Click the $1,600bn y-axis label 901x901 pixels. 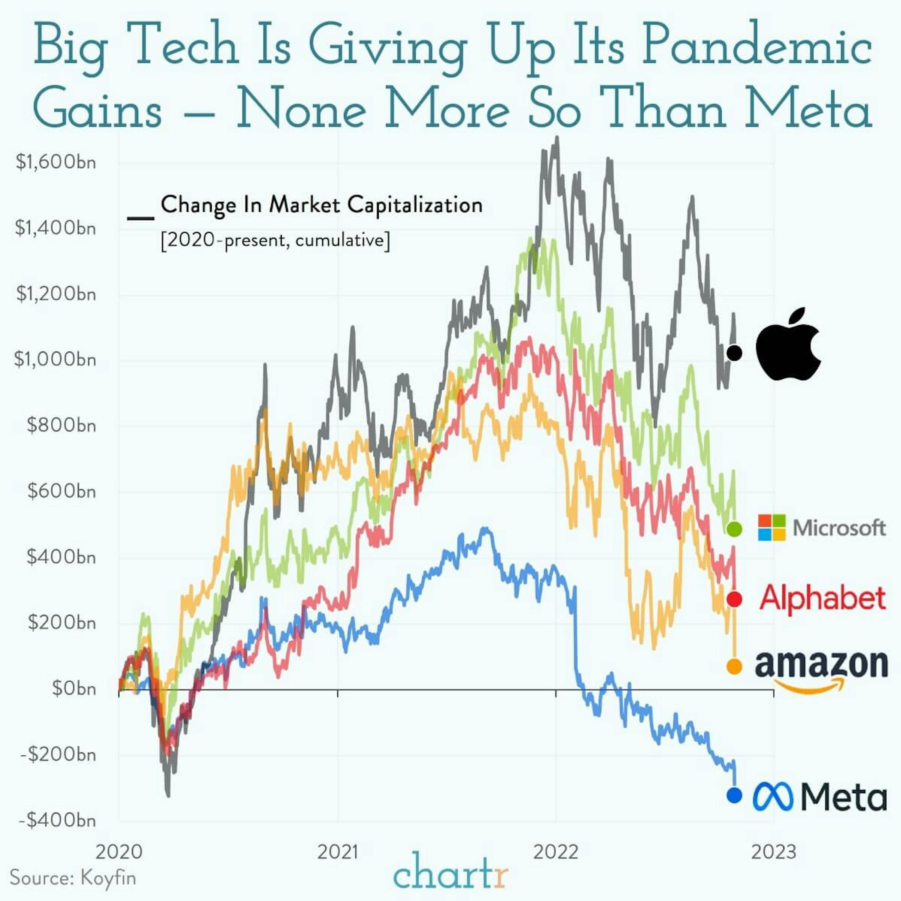coord(56,162)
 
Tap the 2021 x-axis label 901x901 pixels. coord(338,852)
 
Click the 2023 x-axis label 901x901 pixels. coord(774,852)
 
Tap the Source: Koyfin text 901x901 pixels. coord(73,878)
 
